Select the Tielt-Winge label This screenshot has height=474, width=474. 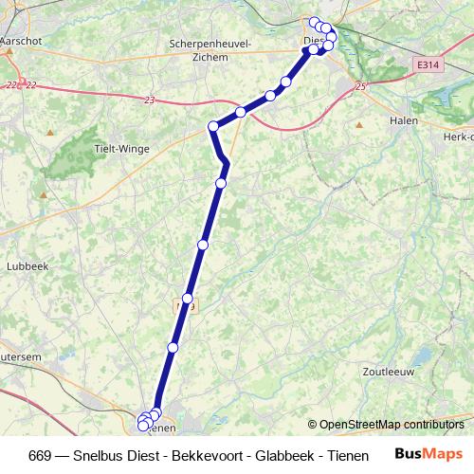[118, 148]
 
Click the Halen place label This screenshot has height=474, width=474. [406, 120]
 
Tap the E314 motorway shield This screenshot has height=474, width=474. [428, 65]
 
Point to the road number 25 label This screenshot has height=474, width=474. [360, 87]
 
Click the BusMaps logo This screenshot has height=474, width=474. [428, 454]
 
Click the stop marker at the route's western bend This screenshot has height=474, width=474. [213, 125]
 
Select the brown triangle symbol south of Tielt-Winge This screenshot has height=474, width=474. [43, 195]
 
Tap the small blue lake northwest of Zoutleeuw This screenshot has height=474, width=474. [424, 355]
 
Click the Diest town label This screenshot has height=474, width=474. [313, 40]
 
